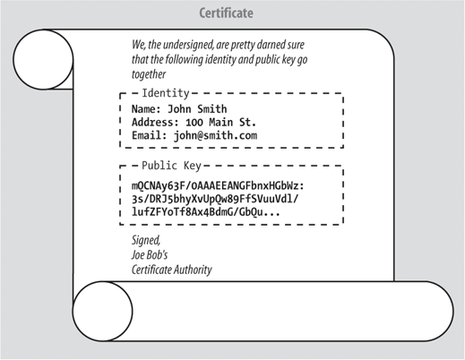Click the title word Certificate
click(x=226, y=13)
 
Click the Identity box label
click(x=166, y=93)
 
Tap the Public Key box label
click(x=171, y=166)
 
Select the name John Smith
click(x=197, y=109)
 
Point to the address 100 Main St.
click(x=220, y=123)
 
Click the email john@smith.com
click(x=215, y=136)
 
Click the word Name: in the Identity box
click(x=146, y=109)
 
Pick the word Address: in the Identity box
click(x=155, y=123)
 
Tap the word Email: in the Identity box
click(x=150, y=136)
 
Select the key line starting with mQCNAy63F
click(x=218, y=186)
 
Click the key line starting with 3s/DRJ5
click(x=215, y=199)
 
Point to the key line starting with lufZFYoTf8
click(x=206, y=212)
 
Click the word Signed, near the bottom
click(x=146, y=240)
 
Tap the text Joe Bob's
click(x=150, y=255)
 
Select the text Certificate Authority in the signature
click(x=172, y=270)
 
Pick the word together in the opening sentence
click(x=149, y=74)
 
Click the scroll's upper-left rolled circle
click(x=43, y=59)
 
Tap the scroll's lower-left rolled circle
click(x=102, y=311)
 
